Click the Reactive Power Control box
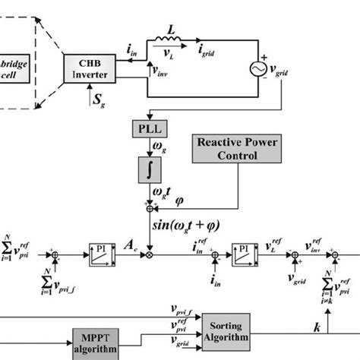pyautogui.click(x=227, y=149)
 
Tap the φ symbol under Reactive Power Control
pyautogui.click(x=179, y=202)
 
